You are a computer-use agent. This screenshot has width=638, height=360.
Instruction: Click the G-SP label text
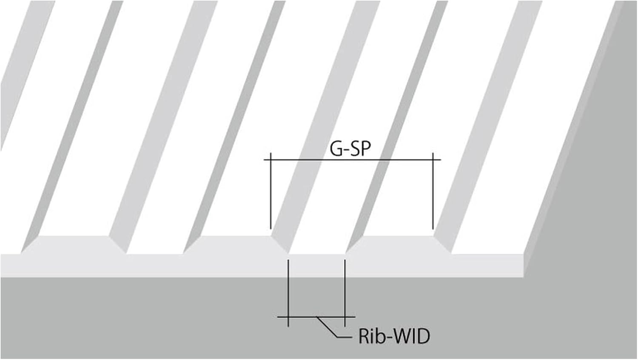pos(350,149)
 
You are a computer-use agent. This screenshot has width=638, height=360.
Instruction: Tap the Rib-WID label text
pos(394,336)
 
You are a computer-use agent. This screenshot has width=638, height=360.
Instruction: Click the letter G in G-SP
pos(336,149)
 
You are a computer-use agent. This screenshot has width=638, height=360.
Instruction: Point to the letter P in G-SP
pos(365,149)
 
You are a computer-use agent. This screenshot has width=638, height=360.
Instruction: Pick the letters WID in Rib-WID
pos(410,336)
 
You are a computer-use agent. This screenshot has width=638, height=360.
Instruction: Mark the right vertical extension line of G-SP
pos(433,196)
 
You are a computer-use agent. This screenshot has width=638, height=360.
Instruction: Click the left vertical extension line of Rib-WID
pos(288,289)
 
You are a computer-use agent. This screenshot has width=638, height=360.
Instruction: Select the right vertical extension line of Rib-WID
pos(345,289)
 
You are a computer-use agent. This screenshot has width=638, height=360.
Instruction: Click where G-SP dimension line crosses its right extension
pos(433,160)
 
